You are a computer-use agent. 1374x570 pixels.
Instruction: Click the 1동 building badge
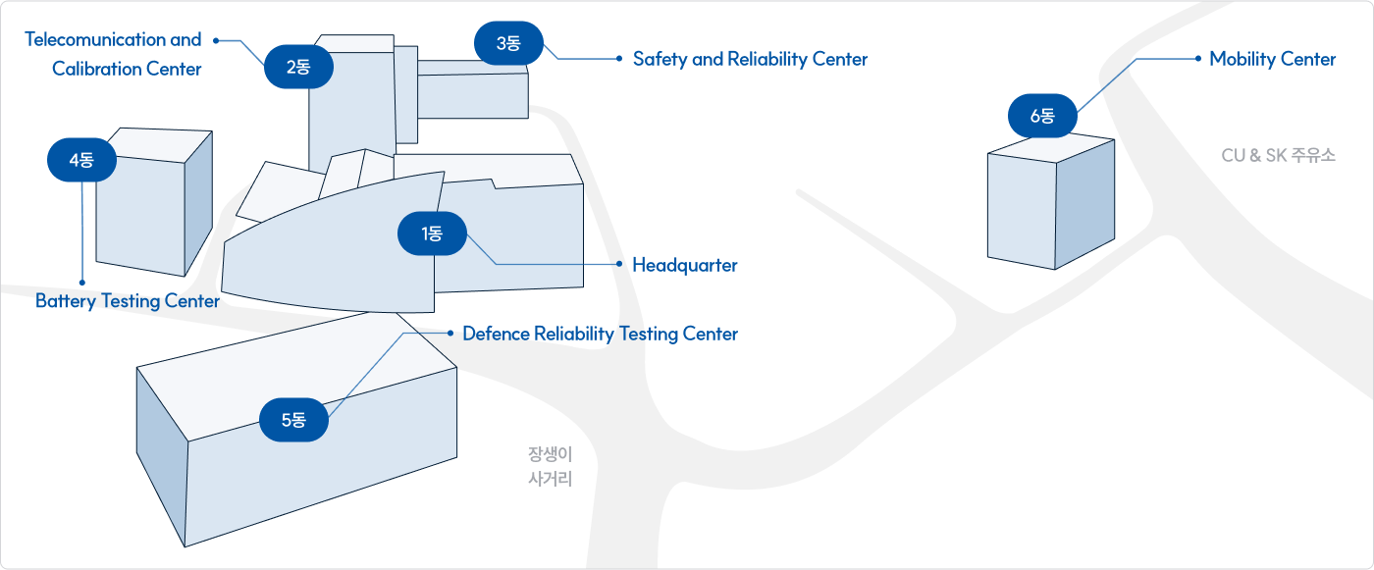point(432,234)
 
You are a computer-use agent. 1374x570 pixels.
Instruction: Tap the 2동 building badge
point(298,68)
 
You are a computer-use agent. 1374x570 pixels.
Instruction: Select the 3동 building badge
point(508,43)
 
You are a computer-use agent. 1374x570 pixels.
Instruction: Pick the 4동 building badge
point(82,161)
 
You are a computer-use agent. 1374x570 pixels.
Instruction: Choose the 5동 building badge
point(293,420)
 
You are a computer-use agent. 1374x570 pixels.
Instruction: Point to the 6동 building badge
point(1042,117)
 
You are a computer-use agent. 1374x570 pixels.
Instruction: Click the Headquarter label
point(684,266)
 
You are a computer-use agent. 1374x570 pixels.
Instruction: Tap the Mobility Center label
point(1272,59)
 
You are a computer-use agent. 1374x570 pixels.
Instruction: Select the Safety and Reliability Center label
point(750,59)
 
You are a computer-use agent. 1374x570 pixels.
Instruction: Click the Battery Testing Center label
point(128,301)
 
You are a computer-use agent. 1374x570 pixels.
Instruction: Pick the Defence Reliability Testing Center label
point(600,334)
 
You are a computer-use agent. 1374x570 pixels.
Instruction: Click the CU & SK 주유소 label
point(1279,155)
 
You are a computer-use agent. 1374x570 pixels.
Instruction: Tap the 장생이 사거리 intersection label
point(550,467)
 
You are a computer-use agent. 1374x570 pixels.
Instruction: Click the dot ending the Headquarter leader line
point(619,265)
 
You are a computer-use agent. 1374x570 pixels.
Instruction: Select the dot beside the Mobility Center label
point(1197,59)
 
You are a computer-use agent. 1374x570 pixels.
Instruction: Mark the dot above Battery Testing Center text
point(82,283)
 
